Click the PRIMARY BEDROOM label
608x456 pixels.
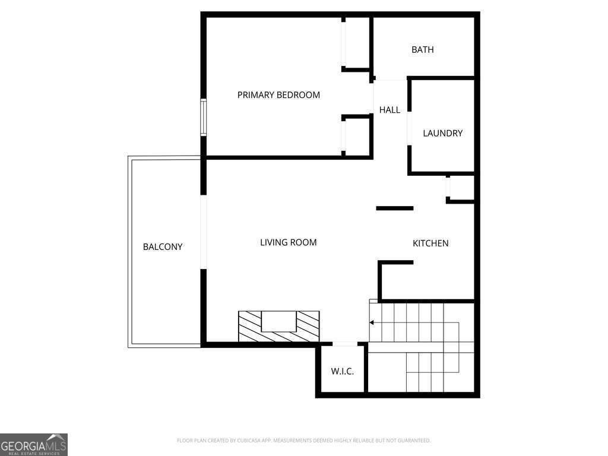coord(278,95)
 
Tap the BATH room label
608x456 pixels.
coord(422,50)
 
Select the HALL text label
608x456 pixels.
coord(389,110)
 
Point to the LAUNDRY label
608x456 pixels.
coord(442,134)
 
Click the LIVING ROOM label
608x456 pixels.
coord(288,242)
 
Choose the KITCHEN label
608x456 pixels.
coord(430,243)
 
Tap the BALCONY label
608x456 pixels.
coord(163,247)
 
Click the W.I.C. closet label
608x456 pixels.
coord(342,372)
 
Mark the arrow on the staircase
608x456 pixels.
coord(372,323)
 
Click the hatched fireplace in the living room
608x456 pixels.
coord(278,327)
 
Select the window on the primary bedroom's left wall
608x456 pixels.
coord(203,118)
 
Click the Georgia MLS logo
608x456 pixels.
coord(34,444)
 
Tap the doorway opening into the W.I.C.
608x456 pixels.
coord(345,344)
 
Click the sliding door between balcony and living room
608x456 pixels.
coord(203,232)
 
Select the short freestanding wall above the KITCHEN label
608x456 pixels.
coord(395,208)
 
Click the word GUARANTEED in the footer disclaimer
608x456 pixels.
coord(410,441)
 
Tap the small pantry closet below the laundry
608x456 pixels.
coord(461,188)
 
